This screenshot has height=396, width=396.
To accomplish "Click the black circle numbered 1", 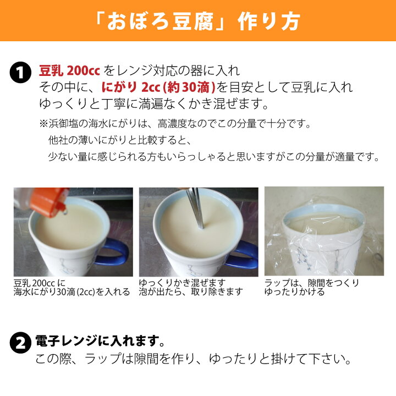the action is (20, 72).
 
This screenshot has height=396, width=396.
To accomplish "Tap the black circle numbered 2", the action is (20, 343).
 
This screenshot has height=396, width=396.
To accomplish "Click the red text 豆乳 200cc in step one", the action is (69, 70).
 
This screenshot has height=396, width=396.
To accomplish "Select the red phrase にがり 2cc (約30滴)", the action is (158, 87).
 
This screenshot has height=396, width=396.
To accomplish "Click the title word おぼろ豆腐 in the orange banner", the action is (160, 21).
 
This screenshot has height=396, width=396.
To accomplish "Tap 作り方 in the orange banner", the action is (269, 21).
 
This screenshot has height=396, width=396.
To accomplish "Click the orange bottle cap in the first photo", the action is (50, 201).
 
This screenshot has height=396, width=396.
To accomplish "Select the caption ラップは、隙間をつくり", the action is (312, 283).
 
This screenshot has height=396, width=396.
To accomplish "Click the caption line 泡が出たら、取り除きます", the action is (191, 292).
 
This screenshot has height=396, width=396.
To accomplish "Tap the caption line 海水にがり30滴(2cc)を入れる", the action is (71, 292).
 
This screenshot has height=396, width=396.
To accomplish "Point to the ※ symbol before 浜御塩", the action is (43, 124).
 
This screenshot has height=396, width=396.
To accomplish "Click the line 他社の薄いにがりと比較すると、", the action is (120, 140).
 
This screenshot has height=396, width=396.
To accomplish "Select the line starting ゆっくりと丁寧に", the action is (153, 104).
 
